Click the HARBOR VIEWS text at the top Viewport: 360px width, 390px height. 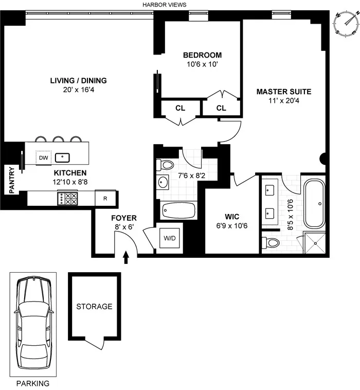165,5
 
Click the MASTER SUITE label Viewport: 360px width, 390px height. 284,92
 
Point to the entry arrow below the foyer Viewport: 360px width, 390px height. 126,257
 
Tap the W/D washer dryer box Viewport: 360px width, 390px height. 169,238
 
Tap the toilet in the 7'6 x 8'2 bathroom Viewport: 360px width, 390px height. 166,165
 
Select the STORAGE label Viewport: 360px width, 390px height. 94,307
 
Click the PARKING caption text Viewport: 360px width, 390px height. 33,383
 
